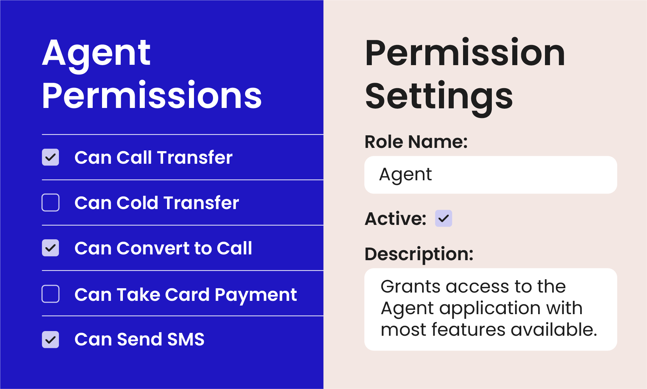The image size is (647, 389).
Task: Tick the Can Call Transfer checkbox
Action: click(50, 157)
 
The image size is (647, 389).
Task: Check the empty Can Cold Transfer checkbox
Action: click(50, 203)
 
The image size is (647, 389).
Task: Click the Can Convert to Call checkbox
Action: click(50, 248)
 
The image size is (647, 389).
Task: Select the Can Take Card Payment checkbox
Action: click(50, 294)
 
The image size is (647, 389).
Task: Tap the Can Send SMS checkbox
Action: click(50, 339)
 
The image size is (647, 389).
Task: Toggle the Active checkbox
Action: click(443, 218)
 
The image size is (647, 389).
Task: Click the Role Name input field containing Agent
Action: click(490, 175)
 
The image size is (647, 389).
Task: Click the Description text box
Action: click(490, 309)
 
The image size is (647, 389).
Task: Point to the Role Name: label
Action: click(416, 142)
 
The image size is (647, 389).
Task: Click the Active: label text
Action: click(396, 219)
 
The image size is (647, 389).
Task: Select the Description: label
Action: click(419, 254)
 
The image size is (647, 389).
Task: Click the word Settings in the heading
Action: click(439, 96)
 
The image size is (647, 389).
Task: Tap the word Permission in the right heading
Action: click(465, 53)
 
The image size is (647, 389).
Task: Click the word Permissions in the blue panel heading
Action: click(152, 95)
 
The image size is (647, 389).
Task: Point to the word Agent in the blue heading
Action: click(96, 54)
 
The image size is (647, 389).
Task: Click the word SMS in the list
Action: click(186, 339)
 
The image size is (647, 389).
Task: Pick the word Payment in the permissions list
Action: click(256, 295)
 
